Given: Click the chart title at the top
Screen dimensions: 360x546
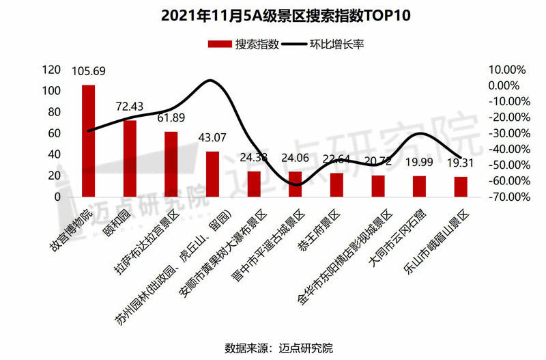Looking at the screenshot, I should point(272,15).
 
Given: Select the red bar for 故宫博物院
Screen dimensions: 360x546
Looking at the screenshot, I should point(88,141).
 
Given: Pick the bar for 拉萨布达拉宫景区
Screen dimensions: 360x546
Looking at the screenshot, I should point(171,164).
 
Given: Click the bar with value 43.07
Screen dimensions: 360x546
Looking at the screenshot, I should point(212,174).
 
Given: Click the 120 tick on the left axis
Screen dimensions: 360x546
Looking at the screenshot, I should point(51,70).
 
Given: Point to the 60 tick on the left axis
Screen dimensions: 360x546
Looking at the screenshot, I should point(55,133).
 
